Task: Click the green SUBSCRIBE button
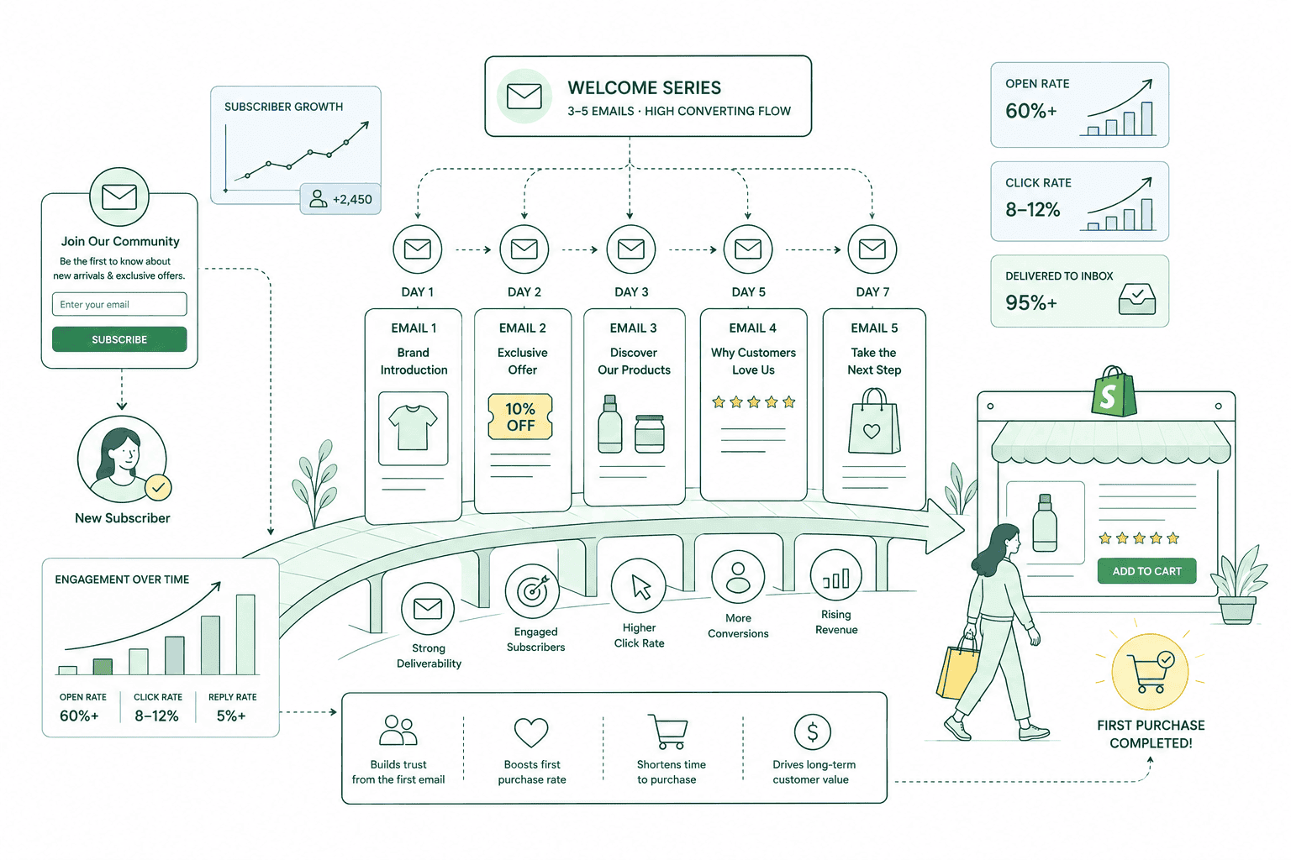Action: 119,339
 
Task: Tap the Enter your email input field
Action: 119,304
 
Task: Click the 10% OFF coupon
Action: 520,417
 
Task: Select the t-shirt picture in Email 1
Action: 413,428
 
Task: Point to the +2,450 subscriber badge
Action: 340,199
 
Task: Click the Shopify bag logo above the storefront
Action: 1114,392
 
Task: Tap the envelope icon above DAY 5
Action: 747,249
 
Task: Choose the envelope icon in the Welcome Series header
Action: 524,97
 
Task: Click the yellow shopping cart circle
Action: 1150,672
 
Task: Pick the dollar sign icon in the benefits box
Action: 812,732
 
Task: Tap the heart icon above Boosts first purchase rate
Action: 531,732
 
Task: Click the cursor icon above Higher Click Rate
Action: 639,586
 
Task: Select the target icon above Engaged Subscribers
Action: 532,591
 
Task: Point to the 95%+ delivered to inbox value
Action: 1031,302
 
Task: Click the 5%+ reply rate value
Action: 231,716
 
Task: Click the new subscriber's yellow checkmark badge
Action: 158,488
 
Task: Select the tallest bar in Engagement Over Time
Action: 245,634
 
